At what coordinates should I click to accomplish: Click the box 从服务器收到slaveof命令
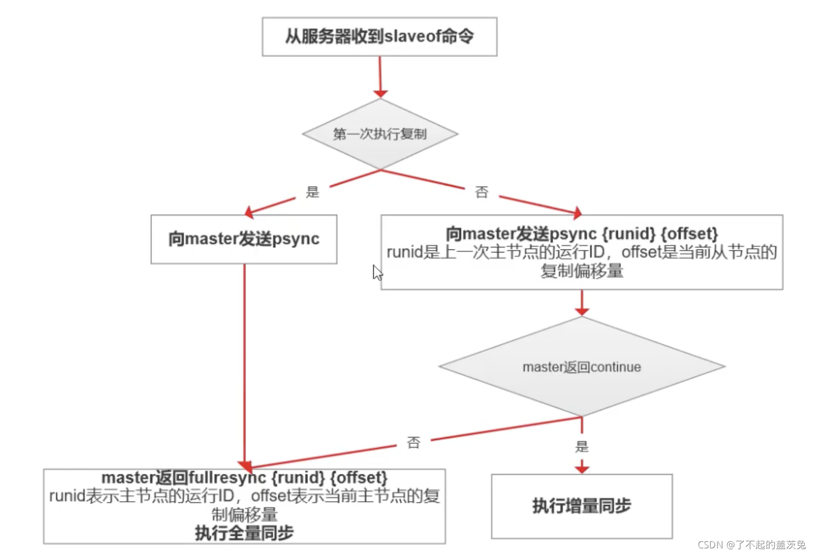tap(379, 37)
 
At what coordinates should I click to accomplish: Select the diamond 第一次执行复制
tap(380, 134)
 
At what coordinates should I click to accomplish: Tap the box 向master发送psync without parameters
tap(244, 239)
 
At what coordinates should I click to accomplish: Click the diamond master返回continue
tap(582, 367)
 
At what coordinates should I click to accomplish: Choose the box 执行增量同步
tap(582, 506)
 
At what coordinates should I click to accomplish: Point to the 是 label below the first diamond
tap(313, 192)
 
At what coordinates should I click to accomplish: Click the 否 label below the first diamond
tap(482, 192)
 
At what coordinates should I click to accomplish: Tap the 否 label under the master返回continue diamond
tap(414, 442)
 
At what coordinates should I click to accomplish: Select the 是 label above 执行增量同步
tap(582, 447)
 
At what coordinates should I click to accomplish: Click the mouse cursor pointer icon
tap(377, 272)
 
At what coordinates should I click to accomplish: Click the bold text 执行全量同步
tap(244, 533)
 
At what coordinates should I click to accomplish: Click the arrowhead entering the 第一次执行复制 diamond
tap(380, 94)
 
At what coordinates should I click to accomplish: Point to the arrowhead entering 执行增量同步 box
tap(582, 469)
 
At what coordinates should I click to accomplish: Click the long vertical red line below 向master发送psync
tap(245, 358)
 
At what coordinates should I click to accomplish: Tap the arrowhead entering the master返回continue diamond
tap(582, 311)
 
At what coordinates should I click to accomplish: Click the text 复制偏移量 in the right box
tap(582, 271)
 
